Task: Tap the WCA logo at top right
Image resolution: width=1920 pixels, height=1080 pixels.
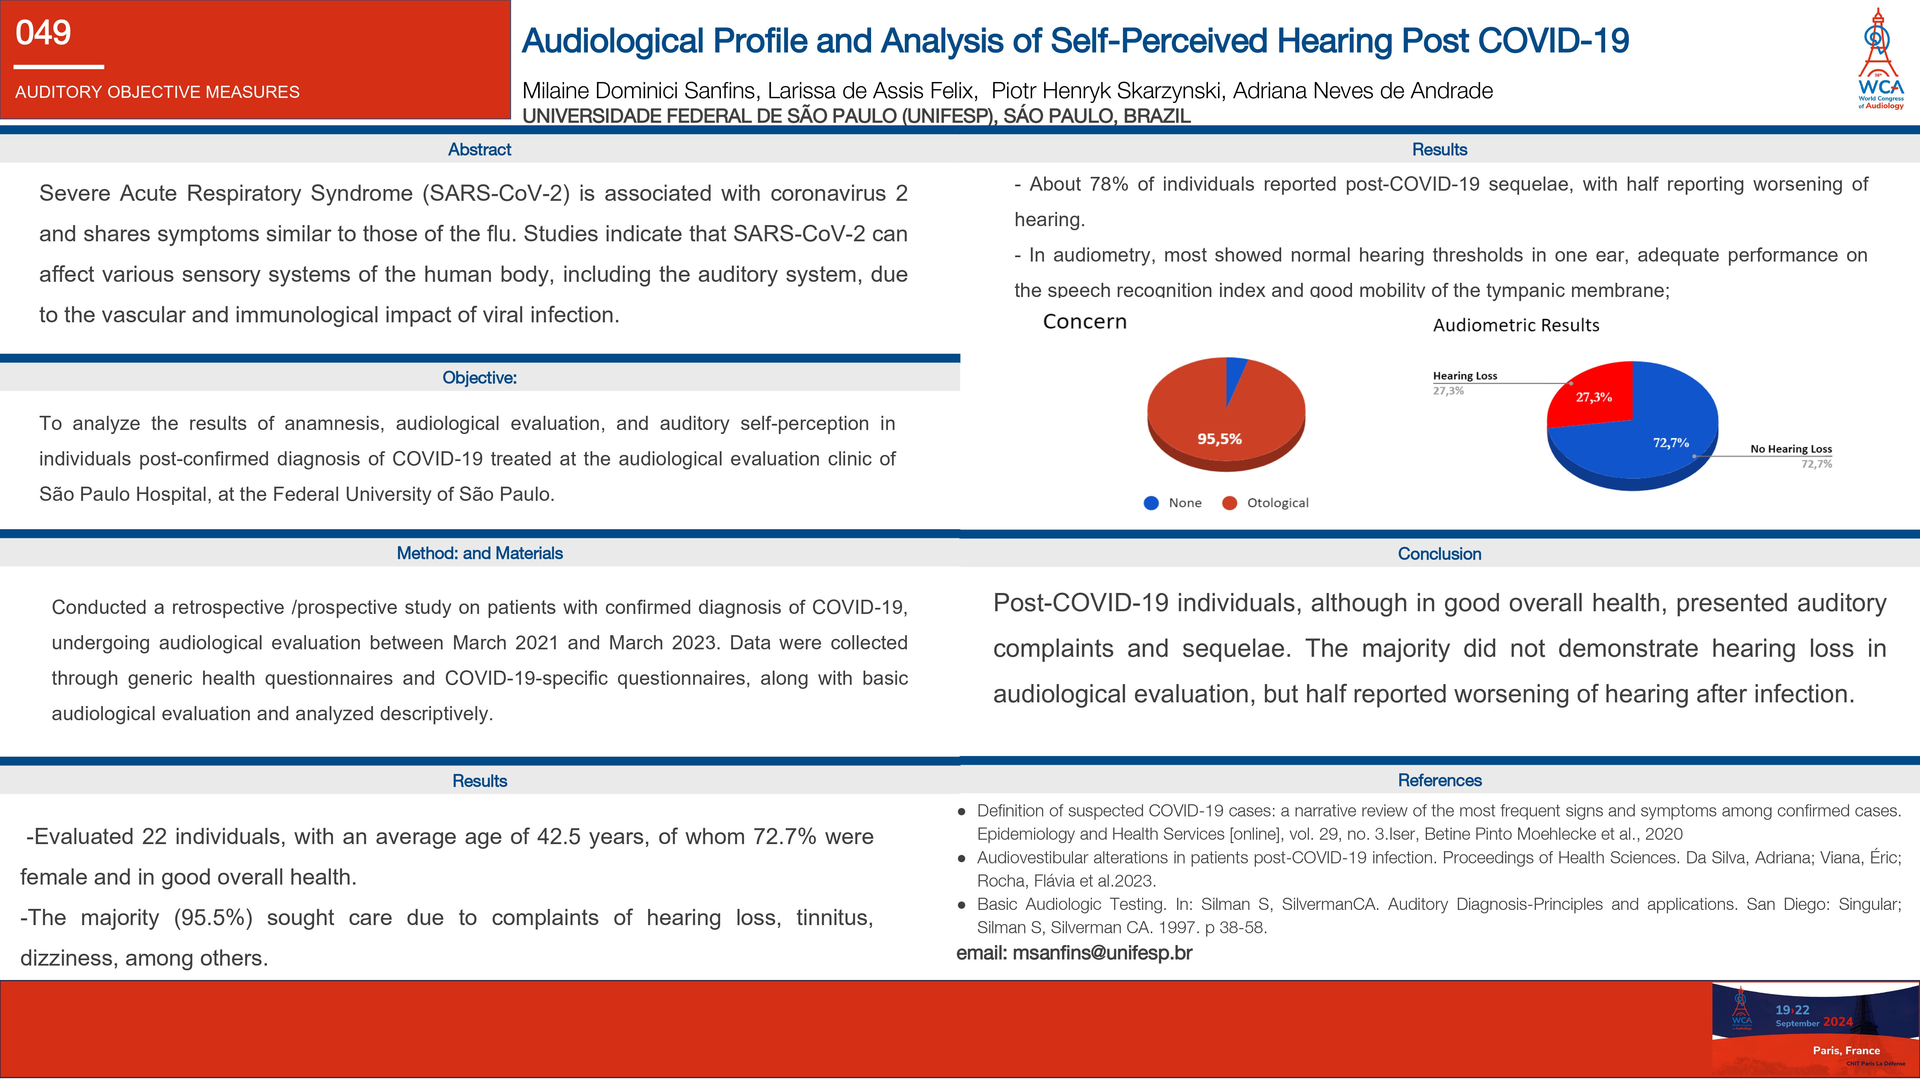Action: point(1880,60)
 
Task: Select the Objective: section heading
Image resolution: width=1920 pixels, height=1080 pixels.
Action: point(479,378)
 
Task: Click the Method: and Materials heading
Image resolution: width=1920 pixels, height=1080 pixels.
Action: point(479,553)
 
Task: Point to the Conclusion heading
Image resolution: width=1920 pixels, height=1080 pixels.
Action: point(1439,554)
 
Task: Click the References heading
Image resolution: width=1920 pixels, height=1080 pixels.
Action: point(1439,780)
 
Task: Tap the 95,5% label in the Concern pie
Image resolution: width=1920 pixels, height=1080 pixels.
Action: point(1219,439)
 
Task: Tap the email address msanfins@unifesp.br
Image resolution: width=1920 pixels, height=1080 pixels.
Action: point(1102,953)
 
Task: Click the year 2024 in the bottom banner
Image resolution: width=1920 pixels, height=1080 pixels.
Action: point(1838,1022)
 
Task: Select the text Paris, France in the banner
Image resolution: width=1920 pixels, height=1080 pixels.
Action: point(1846,1050)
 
